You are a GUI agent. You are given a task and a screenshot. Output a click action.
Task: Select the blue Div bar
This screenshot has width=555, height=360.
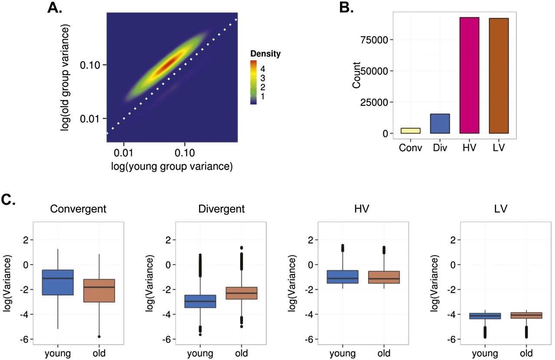tap(440, 124)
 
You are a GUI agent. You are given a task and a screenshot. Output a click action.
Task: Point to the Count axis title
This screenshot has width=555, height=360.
tap(356, 76)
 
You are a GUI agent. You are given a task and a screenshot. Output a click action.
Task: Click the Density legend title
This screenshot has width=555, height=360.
tap(265, 54)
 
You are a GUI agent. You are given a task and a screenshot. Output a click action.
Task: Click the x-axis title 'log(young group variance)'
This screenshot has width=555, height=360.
tap(172, 166)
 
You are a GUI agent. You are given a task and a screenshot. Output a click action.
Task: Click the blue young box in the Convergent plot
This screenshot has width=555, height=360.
tap(58, 282)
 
